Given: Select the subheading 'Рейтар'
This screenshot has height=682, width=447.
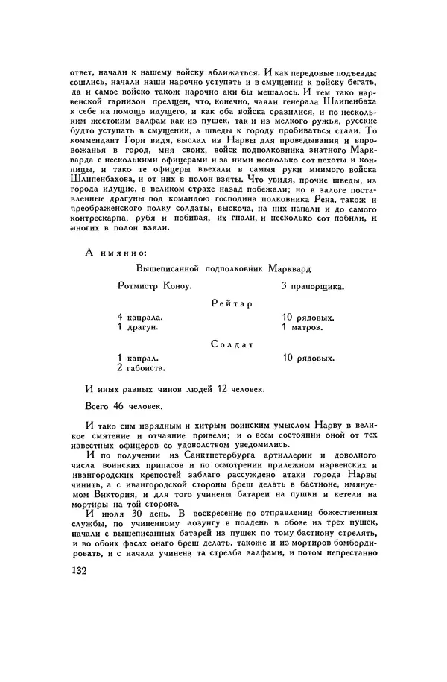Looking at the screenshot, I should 232,304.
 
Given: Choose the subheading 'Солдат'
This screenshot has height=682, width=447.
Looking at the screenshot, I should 232,344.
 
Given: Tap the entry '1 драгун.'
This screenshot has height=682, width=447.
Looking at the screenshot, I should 138,327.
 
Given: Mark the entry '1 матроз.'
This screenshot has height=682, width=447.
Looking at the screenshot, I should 302,327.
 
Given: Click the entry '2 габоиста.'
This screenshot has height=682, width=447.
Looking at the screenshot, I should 141,368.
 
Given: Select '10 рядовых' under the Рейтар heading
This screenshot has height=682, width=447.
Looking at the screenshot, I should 308,317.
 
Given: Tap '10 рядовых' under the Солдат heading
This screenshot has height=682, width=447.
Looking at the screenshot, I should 308,358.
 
